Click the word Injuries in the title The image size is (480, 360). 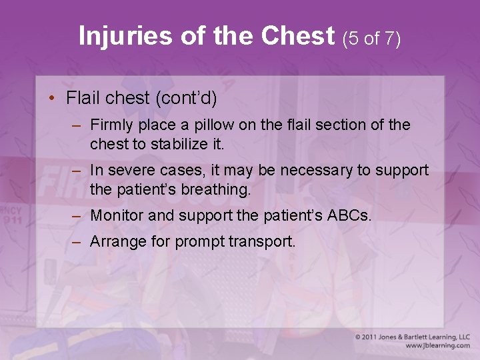tap(124, 36)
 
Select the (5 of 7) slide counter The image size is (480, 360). tap(371, 39)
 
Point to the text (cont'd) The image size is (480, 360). tap(186, 98)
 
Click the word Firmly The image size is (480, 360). tap(112, 125)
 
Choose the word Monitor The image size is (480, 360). tap(115, 215)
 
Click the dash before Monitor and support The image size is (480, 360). tap(77, 215)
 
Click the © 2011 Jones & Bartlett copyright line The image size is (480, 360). tap(412, 337)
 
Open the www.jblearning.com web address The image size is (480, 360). tap(437, 346)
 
